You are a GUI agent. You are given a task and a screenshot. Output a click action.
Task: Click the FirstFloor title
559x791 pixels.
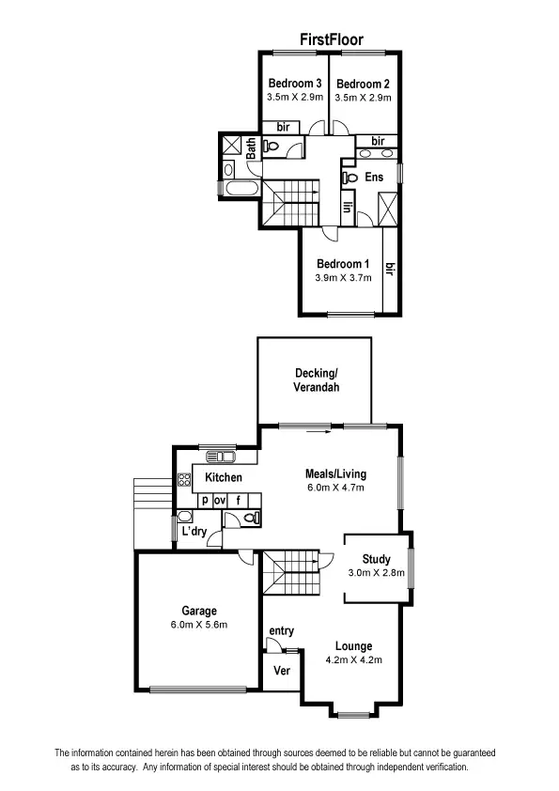[x=332, y=39]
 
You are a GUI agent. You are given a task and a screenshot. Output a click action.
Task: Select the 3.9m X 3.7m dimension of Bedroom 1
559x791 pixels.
[x=344, y=278]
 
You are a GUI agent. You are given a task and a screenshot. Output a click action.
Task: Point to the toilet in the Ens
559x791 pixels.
[x=348, y=176]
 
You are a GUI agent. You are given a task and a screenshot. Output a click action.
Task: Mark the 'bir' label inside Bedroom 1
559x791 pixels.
[x=390, y=270]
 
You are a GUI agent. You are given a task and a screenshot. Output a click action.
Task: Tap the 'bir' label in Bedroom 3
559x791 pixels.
[x=282, y=127]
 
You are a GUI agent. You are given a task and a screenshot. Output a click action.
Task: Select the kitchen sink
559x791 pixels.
[x=223, y=458]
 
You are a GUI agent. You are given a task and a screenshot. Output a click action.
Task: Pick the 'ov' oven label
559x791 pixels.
[x=220, y=501]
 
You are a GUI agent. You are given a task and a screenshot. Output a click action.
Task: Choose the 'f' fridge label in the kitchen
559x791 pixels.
[x=240, y=501]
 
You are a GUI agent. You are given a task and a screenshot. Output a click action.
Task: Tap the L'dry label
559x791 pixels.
[x=194, y=532]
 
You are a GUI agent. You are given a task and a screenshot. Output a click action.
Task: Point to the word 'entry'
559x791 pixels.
[x=281, y=630]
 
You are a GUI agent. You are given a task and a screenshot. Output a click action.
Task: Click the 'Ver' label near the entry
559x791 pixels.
[x=280, y=671]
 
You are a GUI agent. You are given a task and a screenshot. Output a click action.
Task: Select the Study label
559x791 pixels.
[x=376, y=559]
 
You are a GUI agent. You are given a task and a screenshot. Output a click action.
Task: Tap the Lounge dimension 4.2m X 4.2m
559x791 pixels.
[x=352, y=659]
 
